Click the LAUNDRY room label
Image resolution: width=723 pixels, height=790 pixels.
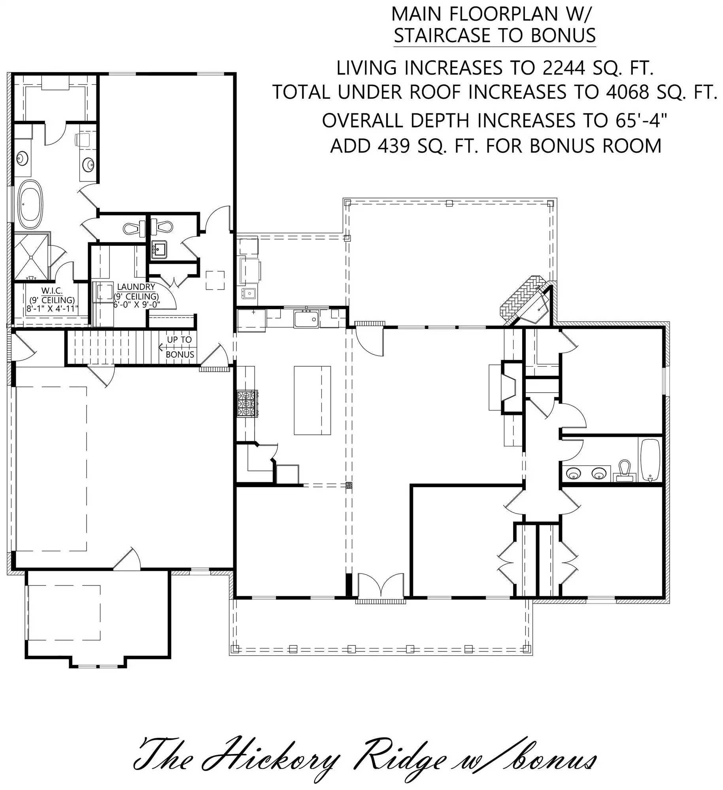point(136,287)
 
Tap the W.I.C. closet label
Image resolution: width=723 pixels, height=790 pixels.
point(52,291)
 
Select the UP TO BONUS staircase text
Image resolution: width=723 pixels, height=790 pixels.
point(180,347)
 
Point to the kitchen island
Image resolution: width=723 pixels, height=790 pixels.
point(312,400)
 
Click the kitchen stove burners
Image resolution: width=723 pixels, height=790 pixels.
point(247,403)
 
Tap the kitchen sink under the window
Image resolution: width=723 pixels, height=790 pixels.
point(306,318)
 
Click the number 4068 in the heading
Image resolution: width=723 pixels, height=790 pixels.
point(627,92)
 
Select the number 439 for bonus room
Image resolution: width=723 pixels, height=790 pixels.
point(393,146)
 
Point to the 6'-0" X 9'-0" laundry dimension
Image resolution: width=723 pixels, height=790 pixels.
point(136,305)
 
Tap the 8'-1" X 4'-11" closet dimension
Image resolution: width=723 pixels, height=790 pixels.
point(52,308)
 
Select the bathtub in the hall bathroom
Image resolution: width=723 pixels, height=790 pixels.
point(650,459)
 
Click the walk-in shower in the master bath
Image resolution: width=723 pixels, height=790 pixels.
point(32,256)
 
